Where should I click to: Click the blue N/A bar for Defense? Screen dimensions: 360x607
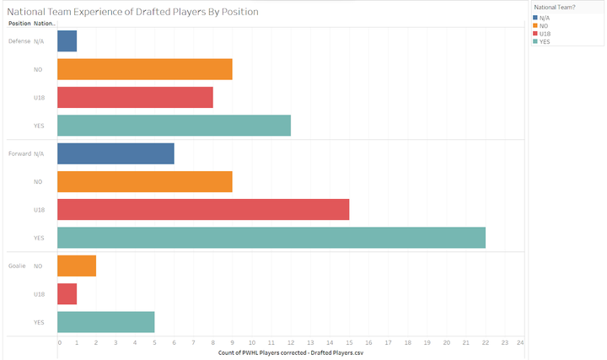[67, 40]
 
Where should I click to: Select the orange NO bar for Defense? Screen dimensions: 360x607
[145, 69]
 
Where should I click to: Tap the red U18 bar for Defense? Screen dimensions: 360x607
[135, 97]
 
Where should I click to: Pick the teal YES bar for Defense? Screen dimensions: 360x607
[174, 126]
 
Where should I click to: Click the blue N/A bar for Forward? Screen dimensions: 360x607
[115, 153]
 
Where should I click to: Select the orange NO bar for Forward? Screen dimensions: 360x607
[145, 181]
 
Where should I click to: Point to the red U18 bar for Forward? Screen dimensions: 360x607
[203, 210]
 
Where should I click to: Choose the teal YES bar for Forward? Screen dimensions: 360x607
[271, 238]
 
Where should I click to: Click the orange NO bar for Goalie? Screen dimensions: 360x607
[77, 266]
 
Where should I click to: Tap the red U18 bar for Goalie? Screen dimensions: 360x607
[67, 294]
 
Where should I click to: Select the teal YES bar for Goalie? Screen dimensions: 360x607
[106, 322]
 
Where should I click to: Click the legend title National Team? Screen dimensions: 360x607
[556, 7]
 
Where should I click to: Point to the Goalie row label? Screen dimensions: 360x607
[17, 266]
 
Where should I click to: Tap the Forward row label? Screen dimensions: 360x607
[19, 153]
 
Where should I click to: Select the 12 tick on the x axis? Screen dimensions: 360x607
[290, 343]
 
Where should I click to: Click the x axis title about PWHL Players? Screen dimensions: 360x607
[291, 352]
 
